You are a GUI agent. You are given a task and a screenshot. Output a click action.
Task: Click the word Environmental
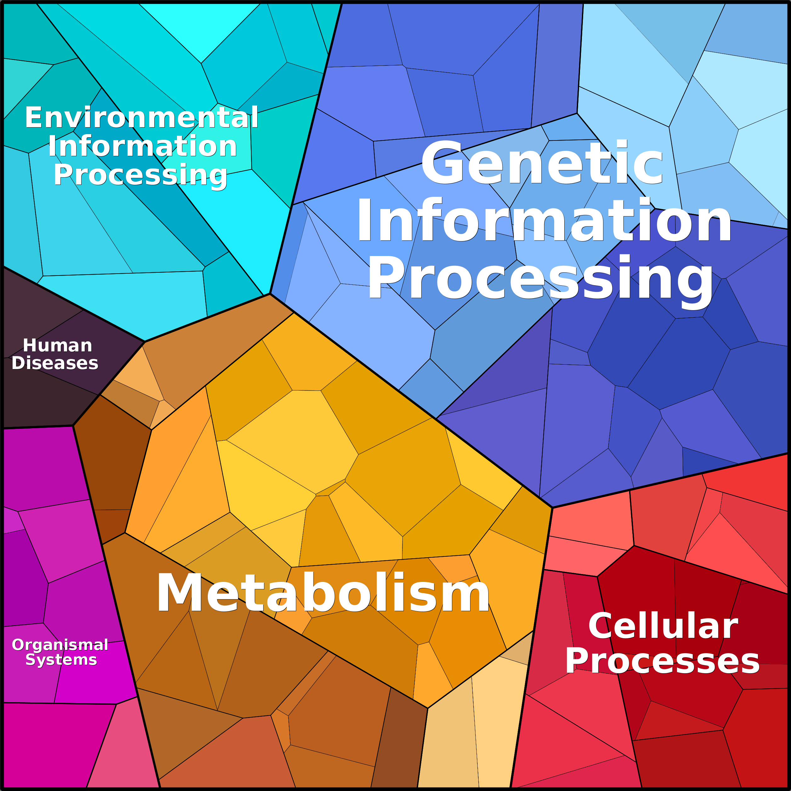[142, 117]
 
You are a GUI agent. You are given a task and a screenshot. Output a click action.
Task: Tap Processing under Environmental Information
[140, 175]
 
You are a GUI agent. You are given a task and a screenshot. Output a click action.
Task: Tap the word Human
[57, 345]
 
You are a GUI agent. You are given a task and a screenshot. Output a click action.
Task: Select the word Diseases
[55, 363]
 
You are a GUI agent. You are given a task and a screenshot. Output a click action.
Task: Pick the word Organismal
[60, 645]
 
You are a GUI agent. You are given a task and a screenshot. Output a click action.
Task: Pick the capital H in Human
[30, 345]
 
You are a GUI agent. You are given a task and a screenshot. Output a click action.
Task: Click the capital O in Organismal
[19, 645]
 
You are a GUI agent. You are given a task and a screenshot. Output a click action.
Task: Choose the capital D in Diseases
[19, 363]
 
